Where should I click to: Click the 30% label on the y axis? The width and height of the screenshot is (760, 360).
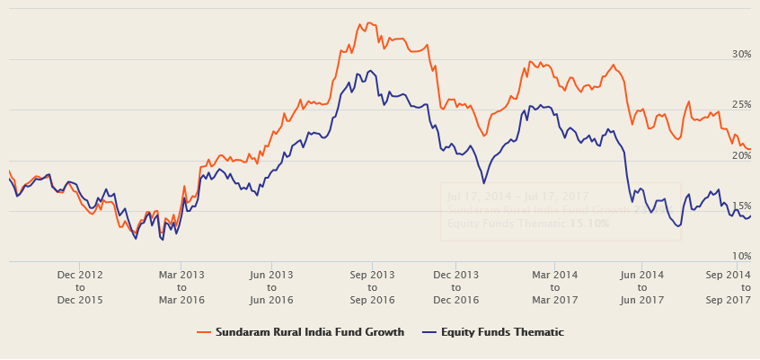(740, 54)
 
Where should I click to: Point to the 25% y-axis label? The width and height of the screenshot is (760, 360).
(740, 105)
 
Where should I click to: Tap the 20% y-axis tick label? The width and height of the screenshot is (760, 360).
(740, 155)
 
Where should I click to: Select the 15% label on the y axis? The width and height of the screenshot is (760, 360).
(740, 206)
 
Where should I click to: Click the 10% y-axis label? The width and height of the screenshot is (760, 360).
(740, 256)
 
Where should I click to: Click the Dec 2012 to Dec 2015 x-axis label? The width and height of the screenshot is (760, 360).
(80, 286)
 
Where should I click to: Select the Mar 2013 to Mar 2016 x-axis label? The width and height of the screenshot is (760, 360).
(181, 286)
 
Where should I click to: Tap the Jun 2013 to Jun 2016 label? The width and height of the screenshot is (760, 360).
(271, 286)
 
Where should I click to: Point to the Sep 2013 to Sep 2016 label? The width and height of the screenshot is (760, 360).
(372, 286)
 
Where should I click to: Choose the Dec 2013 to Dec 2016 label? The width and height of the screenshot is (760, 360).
(455, 286)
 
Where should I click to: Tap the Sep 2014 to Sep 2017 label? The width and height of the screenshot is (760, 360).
(728, 286)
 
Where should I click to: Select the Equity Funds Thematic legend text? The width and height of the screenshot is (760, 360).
(502, 332)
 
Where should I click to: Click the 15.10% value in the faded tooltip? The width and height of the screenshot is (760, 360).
(589, 223)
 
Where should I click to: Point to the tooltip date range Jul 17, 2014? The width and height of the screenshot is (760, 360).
(475, 196)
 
